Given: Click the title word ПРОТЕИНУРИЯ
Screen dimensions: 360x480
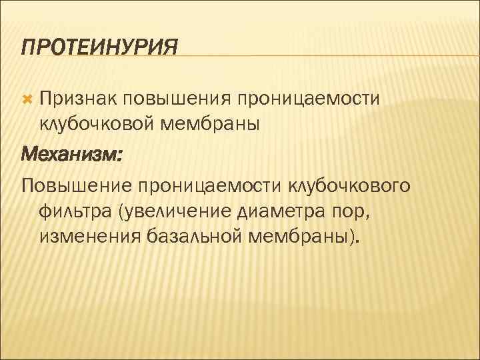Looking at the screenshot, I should click(x=100, y=47).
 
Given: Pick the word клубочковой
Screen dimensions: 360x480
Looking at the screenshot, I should click(x=98, y=123).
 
